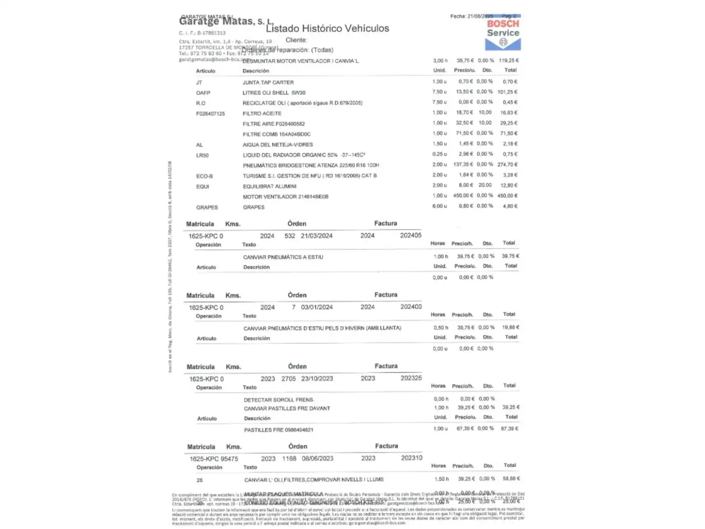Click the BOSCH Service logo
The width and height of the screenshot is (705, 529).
point(503,34)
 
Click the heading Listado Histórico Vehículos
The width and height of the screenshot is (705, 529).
point(328,28)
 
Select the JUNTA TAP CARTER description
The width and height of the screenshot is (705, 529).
point(268,82)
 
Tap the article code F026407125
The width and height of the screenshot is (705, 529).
point(211,114)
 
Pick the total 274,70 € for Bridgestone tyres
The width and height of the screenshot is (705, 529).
point(508,165)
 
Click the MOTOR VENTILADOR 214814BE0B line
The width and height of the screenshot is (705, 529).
point(285,197)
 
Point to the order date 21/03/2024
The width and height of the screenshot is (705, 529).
point(316,236)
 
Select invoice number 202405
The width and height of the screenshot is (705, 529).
point(410,235)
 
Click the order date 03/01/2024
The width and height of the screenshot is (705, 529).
point(317,307)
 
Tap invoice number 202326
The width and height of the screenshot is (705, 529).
point(411,378)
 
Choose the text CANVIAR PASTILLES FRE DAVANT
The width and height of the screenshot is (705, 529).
point(287,409)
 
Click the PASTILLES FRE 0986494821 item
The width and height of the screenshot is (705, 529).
point(279,430)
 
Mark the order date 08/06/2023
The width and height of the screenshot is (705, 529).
point(317,458)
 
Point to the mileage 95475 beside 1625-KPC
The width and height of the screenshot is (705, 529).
point(229,459)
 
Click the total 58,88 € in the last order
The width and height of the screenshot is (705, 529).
point(511,479)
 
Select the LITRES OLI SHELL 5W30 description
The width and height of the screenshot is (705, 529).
point(274,93)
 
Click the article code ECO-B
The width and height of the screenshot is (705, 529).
point(204,176)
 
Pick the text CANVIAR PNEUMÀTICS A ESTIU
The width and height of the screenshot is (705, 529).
point(283,257)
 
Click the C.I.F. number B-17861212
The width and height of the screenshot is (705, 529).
point(211,33)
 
